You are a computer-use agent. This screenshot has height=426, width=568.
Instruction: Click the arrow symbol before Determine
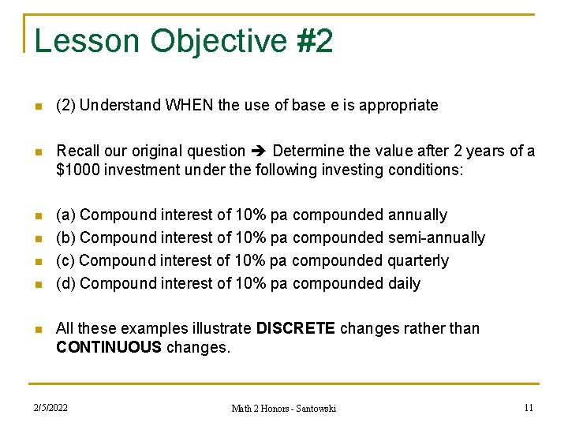[x=259, y=151]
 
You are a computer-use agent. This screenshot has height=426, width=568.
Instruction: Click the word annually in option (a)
[x=417, y=215]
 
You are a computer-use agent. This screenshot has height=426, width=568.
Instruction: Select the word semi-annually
[x=436, y=237]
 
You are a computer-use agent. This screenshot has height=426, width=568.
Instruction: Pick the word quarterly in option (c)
[x=420, y=260]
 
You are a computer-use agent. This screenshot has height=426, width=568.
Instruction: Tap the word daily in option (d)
[x=404, y=283]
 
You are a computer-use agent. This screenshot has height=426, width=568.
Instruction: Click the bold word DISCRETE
[x=296, y=328]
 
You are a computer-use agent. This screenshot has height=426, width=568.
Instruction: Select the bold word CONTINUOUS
[x=108, y=347]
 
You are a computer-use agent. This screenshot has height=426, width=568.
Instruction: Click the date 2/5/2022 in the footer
[x=50, y=407]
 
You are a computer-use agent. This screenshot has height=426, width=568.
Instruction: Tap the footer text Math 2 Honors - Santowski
[x=283, y=408]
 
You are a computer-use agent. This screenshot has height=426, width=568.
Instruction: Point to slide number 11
[x=528, y=407]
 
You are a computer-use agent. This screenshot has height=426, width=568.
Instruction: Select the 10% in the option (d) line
[x=252, y=283]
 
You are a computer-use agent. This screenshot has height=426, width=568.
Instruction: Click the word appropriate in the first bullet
[x=398, y=105]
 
